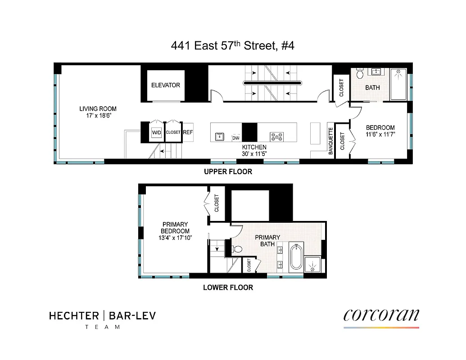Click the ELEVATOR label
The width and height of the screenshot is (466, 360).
tap(165, 85)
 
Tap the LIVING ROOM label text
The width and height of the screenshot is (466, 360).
tap(98, 108)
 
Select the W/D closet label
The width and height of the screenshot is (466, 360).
tap(156, 133)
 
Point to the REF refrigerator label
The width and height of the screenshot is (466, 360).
tap(188, 132)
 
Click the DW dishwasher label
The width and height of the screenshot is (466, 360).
tap(235, 137)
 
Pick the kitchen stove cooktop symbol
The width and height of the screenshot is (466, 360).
tap(276, 136)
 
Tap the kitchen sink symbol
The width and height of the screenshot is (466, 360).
tap(219, 136)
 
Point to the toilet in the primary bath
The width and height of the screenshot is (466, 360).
tap(237, 248)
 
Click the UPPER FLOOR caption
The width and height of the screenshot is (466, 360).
tap(228, 171)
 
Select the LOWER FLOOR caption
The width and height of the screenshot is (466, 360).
tap(228, 287)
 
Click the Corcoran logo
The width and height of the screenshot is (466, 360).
tap(381, 315)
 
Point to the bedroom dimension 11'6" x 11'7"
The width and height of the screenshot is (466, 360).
tap(380, 134)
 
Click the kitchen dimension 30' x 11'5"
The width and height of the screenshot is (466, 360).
tap(254, 154)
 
